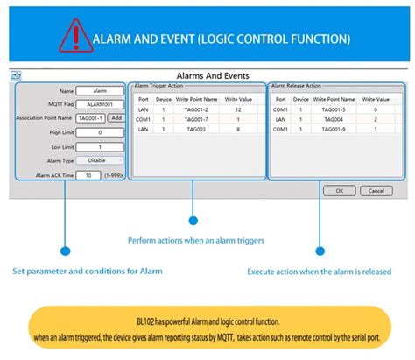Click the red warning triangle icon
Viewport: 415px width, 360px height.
pyautogui.click(x=73, y=37)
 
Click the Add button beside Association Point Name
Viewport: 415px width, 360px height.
pyautogui.click(x=116, y=117)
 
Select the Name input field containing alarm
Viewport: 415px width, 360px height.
pyautogui.click(x=92, y=90)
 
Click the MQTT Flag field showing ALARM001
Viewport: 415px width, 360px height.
pyautogui.click(x=92, y=104)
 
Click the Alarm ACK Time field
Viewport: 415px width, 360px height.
pyautogui.click(x=87, y=175)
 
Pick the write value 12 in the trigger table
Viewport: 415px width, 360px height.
pyautogui.click(x=237, y=109)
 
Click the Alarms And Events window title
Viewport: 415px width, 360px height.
pyautogui.click(x=208, y=75)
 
